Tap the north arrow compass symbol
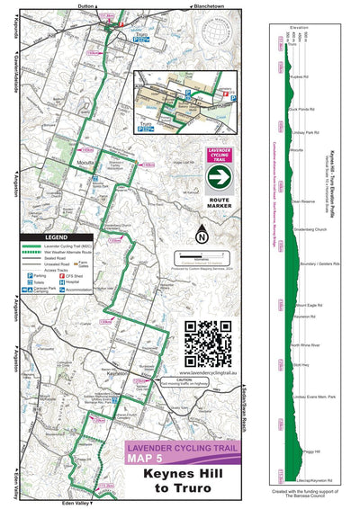[202, 238]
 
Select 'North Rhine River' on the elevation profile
[305, 344]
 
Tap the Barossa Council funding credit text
[301, 496]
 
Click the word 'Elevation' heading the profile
[299, 27]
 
